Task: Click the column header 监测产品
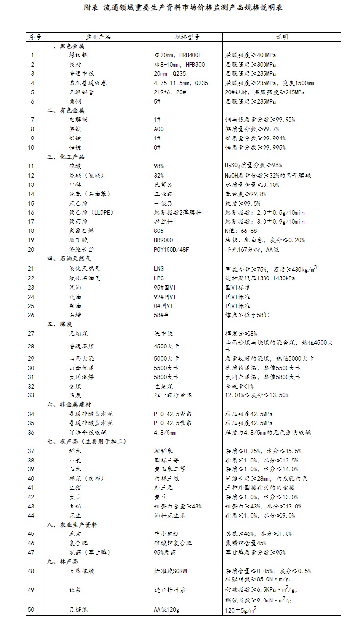(98, 37)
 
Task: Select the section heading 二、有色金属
(66, 111)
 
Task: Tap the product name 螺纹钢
(78, 55)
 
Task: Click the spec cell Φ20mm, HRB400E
(177, 55)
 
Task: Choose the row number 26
(32, 315)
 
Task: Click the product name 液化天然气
(84, 268)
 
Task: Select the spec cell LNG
(159, 268)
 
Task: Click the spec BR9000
(164, 240)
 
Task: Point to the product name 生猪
(75, 488)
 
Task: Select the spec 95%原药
(166, 553)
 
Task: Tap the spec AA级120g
(168, 610)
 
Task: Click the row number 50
(32, 610)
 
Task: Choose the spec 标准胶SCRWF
(171, 571)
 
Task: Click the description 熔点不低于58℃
(247, 315)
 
